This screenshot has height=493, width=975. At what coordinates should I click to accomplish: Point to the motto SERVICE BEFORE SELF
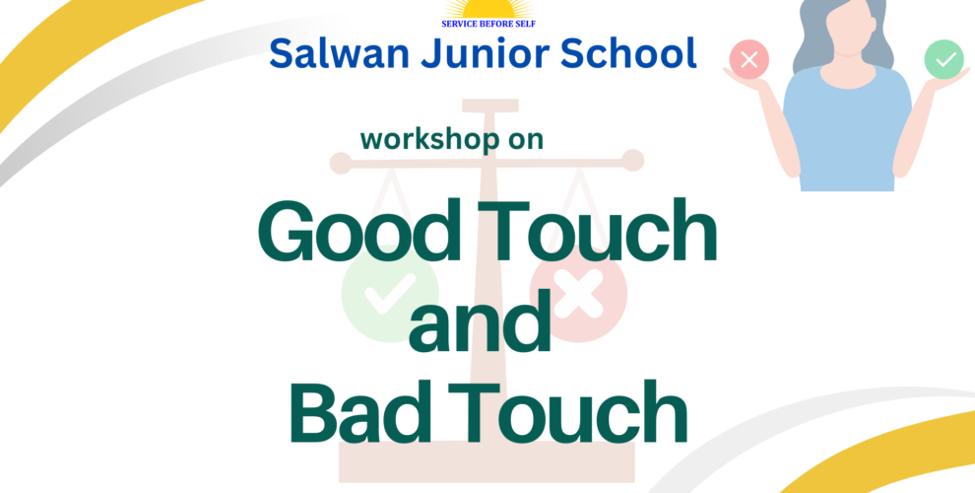pyautogui.click(x=488, y=24)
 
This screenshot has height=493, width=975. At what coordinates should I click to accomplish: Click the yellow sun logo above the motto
pyautogui.click(x=488, y=9)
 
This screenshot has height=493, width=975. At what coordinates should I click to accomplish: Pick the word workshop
pyautogui.click(x=423, y=139)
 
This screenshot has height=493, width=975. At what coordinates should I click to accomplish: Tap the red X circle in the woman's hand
pyautogui.click(x=749, y=60)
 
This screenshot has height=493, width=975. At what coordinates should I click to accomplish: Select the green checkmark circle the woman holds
pyautogui.click(x=943, y=59)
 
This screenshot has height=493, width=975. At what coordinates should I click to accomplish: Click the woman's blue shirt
pyautogui.click(x=847, y=128)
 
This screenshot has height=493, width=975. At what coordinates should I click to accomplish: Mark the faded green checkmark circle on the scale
pyautogui.click(x=390, y=293)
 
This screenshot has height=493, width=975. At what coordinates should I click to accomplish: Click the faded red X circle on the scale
pyautogui.click(x=578, y=293)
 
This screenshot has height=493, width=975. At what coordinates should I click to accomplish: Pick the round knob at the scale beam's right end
pyautogui.click(x=633, y=161)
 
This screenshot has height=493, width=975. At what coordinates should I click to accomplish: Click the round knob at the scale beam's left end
pyautogui.click(x=341, y=163)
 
